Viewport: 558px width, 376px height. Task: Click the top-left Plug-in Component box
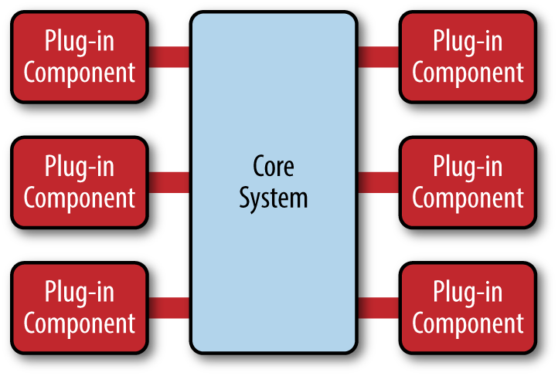(79, 56)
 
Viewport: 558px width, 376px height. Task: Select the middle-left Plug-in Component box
(79, 181)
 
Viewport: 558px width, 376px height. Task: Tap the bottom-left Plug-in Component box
(79, 307)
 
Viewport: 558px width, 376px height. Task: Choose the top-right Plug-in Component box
(467, 56)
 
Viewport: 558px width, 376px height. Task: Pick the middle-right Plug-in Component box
(467, 181)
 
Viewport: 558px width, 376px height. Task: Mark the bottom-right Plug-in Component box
(467, 307)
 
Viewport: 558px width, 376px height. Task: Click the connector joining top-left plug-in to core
(168, 57)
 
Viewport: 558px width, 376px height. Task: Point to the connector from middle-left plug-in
(168, 182)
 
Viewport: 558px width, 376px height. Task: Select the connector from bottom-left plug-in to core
(168, 307)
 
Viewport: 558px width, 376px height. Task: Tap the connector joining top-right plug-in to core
(378, 57)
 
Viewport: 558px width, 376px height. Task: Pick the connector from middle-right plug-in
(378, 182)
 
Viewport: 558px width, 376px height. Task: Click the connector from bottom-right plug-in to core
(378, 307)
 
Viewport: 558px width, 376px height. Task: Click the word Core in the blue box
(274, 166)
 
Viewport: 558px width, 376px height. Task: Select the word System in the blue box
(274, 198)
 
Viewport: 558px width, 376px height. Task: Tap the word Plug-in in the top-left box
(79, 42)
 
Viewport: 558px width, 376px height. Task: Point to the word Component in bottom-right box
(468, 323)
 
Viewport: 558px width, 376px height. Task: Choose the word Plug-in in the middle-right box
(468, 167)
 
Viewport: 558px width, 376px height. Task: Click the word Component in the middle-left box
(79, 198)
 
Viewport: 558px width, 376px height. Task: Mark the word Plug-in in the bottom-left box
(79, 293)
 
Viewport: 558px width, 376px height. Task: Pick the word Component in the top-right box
(468, 73)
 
